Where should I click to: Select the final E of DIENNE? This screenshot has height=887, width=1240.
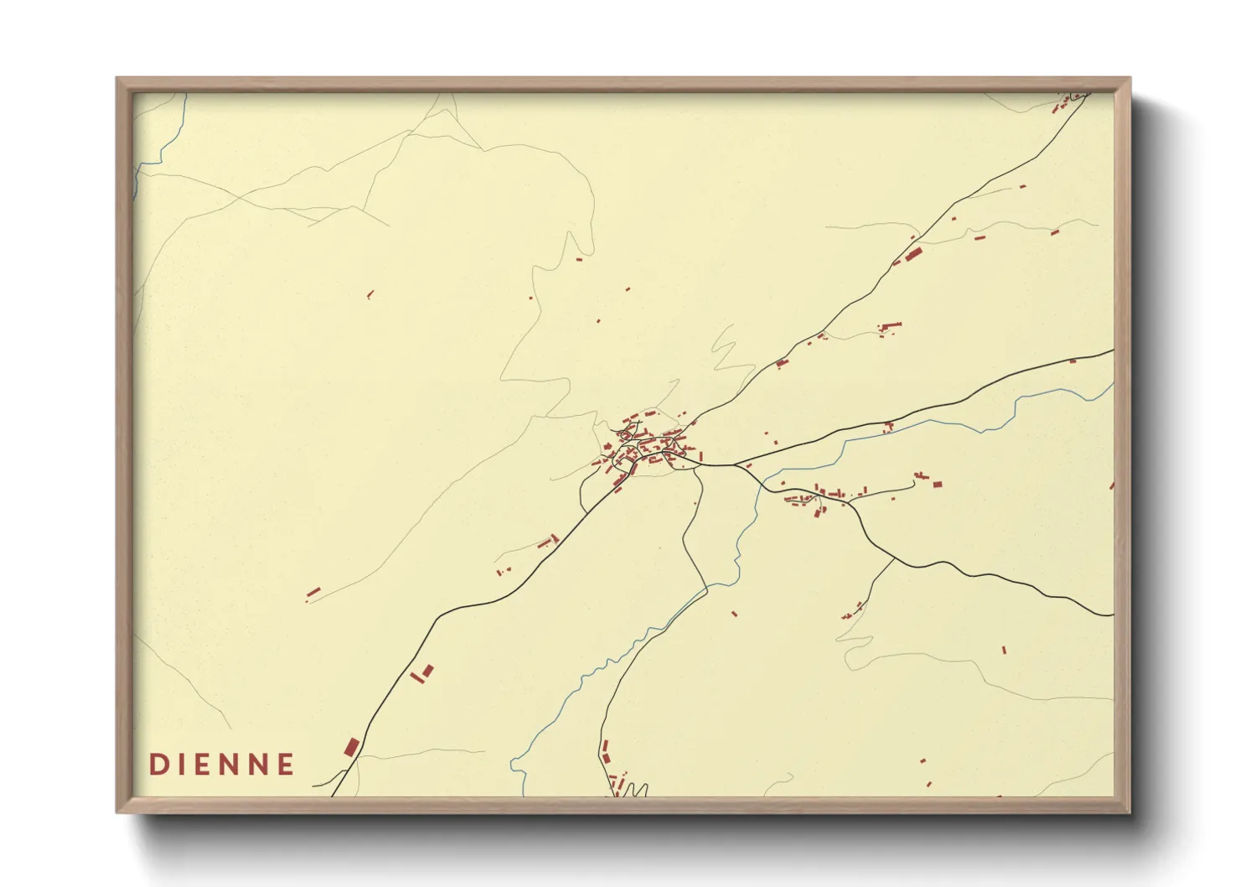[x=286, y=765]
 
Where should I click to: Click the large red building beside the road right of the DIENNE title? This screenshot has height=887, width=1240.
[x=351, y=747]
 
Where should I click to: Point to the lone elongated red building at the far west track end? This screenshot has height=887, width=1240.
[x=313, y=593]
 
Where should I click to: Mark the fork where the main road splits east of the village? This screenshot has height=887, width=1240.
[x=737, y=464]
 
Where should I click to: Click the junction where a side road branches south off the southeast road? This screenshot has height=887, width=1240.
[x=894, y=558]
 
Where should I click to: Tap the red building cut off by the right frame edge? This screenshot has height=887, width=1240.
[x=1112, y=485]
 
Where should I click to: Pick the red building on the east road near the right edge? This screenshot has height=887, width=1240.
[x=1072, y=361]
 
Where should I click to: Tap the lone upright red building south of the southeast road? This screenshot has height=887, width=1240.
[x=1004, y=650]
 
